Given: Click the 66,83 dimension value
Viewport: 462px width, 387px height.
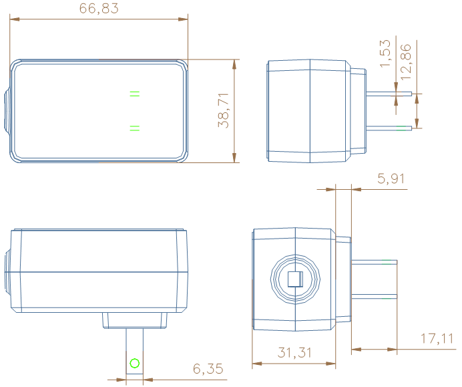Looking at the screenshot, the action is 99,9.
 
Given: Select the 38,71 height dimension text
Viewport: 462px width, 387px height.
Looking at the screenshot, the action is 224,110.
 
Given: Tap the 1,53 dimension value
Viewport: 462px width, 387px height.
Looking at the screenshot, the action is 385,53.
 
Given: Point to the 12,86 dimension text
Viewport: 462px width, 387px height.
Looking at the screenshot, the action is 406,61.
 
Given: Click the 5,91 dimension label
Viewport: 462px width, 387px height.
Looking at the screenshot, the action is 391,178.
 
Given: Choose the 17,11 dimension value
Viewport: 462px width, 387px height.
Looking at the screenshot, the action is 437,339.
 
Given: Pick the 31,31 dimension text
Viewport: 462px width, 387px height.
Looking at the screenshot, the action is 294,353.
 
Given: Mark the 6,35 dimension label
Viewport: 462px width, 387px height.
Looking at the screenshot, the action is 208,369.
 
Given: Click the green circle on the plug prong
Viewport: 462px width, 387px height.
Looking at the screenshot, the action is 135,364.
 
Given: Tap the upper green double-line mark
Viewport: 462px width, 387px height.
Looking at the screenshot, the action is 135,94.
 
